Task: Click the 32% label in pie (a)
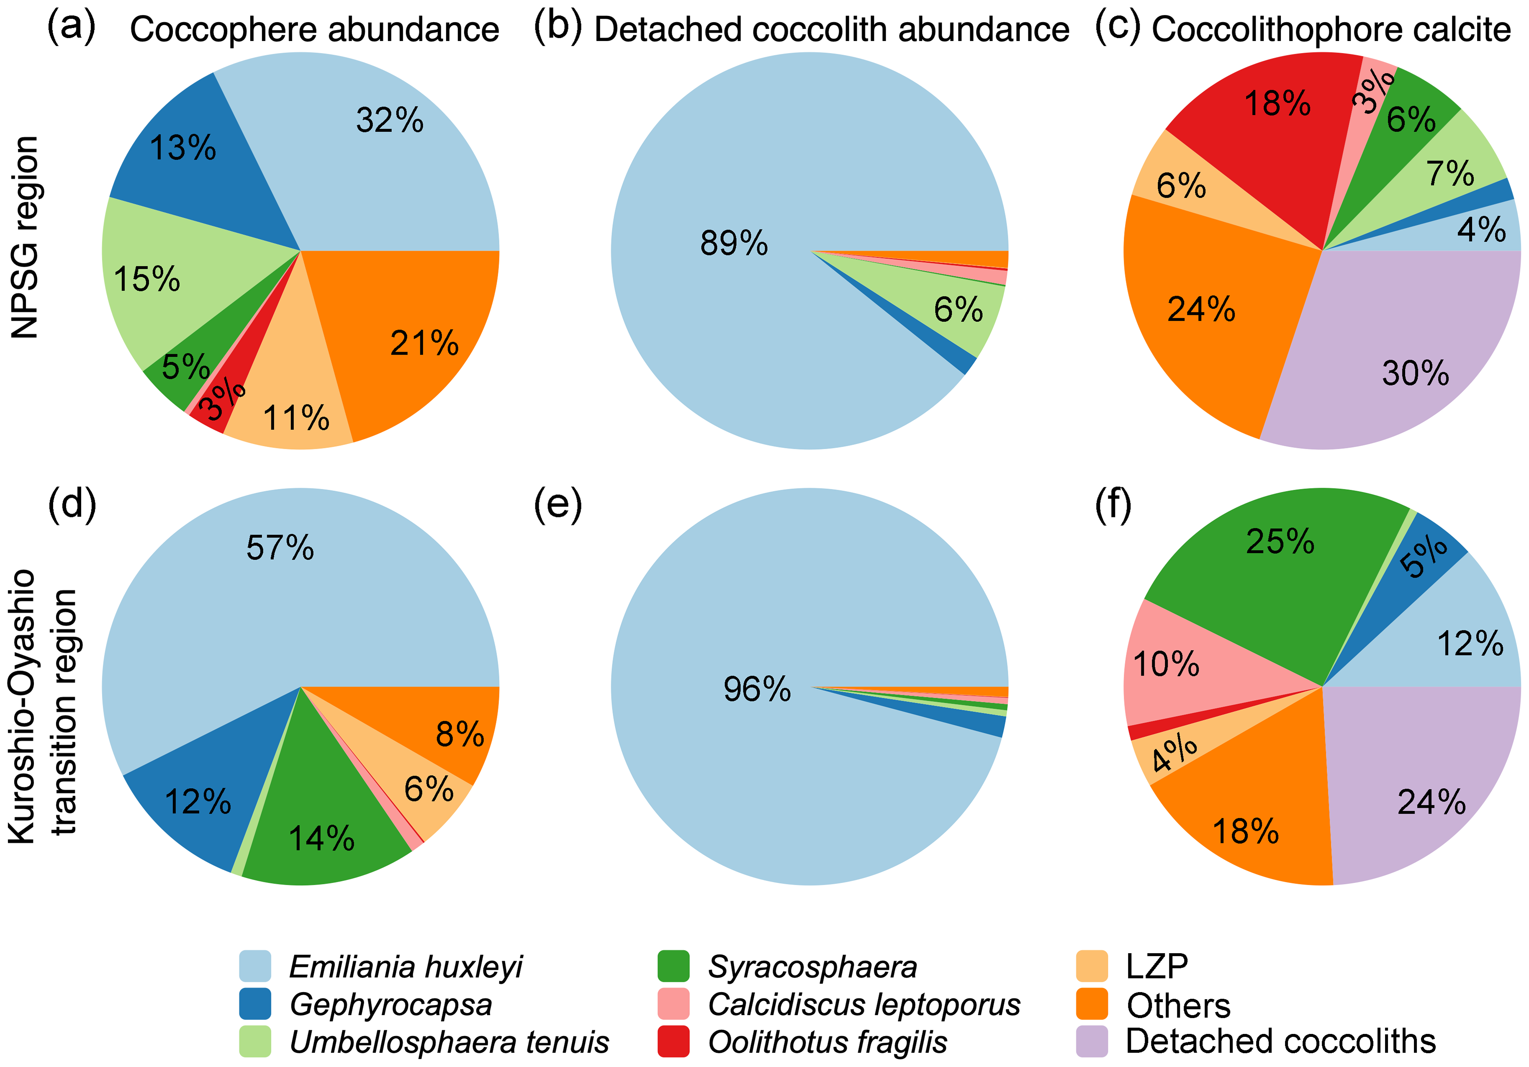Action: click(x=390, y=121)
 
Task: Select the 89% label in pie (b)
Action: click(x=734, y=243)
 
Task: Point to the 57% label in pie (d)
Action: click(x=280, y=548)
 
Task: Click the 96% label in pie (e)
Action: click(x=757, y=689)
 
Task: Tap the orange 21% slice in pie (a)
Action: click(x=413, y=333)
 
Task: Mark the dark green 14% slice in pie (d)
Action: click(x=320, y=833)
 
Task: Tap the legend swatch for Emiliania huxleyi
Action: click(x=255, y=967)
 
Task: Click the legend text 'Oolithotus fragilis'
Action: click(x=827, y=1042)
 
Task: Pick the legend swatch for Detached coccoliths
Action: click(x=1092, y=1042)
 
